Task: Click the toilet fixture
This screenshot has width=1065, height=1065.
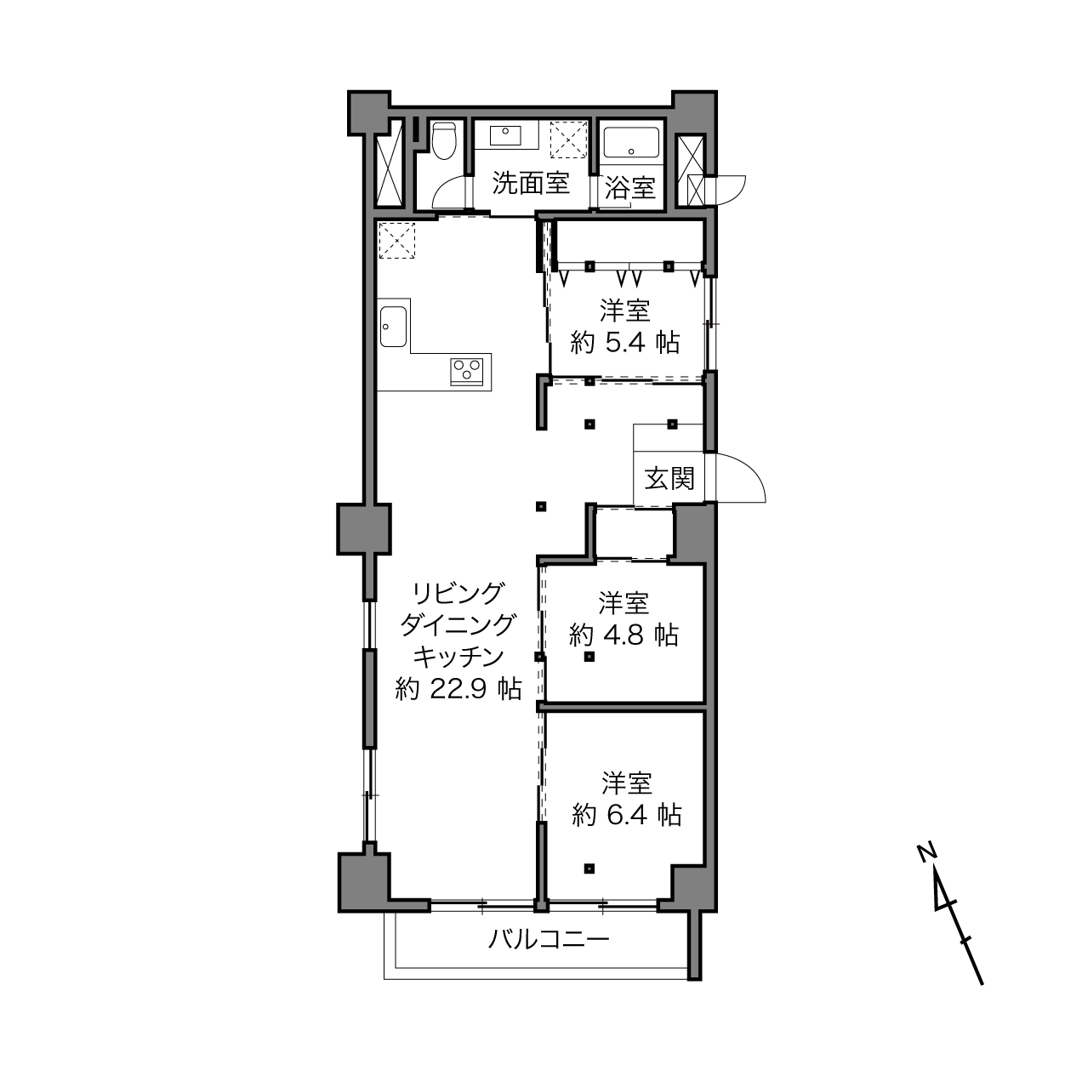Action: point(444,140)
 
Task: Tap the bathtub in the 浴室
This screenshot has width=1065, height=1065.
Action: point(630,144)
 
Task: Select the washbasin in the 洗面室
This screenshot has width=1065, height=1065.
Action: point(505,134)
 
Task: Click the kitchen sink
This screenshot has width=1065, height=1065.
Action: point(393,327)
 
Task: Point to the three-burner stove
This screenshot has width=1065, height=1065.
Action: point(467,372)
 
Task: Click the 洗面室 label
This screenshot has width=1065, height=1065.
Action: point(531,184)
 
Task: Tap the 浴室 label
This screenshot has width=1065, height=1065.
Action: point(630,188)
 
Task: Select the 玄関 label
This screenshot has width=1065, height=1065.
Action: point(669,478)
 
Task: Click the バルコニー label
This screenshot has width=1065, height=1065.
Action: point(549,939)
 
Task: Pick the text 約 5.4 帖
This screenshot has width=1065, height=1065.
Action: point(625,343)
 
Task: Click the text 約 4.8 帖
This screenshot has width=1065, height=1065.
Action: point(624,635)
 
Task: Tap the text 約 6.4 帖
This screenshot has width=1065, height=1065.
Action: point(627,815)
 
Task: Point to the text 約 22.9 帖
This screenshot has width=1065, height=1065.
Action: point(458,689)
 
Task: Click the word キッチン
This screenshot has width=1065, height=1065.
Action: point(458,657)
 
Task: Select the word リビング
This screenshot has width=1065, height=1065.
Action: point(458,594)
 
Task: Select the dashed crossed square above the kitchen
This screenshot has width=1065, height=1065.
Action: point(396,241)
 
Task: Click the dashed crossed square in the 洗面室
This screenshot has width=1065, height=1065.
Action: point(569,140)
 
